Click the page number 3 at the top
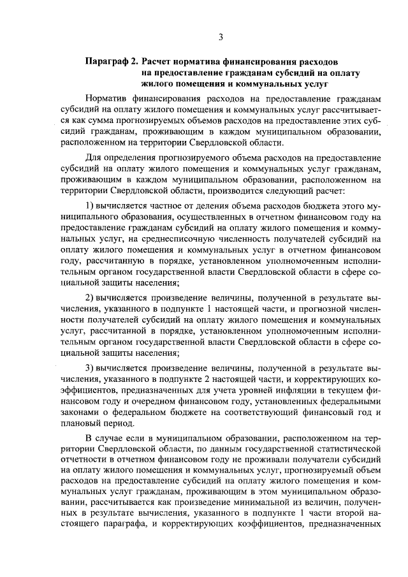point(221,36)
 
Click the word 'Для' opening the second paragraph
point(94,156)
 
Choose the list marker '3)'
point(90,369)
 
